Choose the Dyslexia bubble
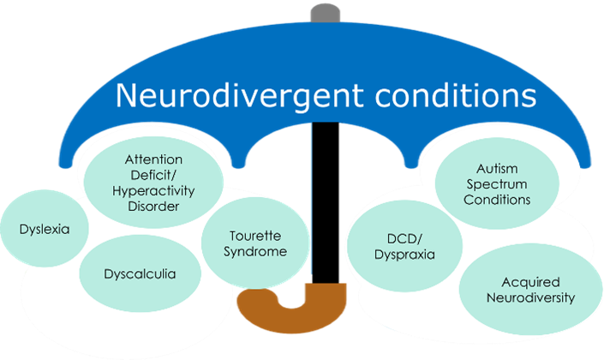coord(44,230)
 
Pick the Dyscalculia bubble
coord(140,274)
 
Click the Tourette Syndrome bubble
coord(255,243)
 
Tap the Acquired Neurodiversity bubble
coord(529,290)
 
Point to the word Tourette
coord(255,236)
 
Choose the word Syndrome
coord(255,251)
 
